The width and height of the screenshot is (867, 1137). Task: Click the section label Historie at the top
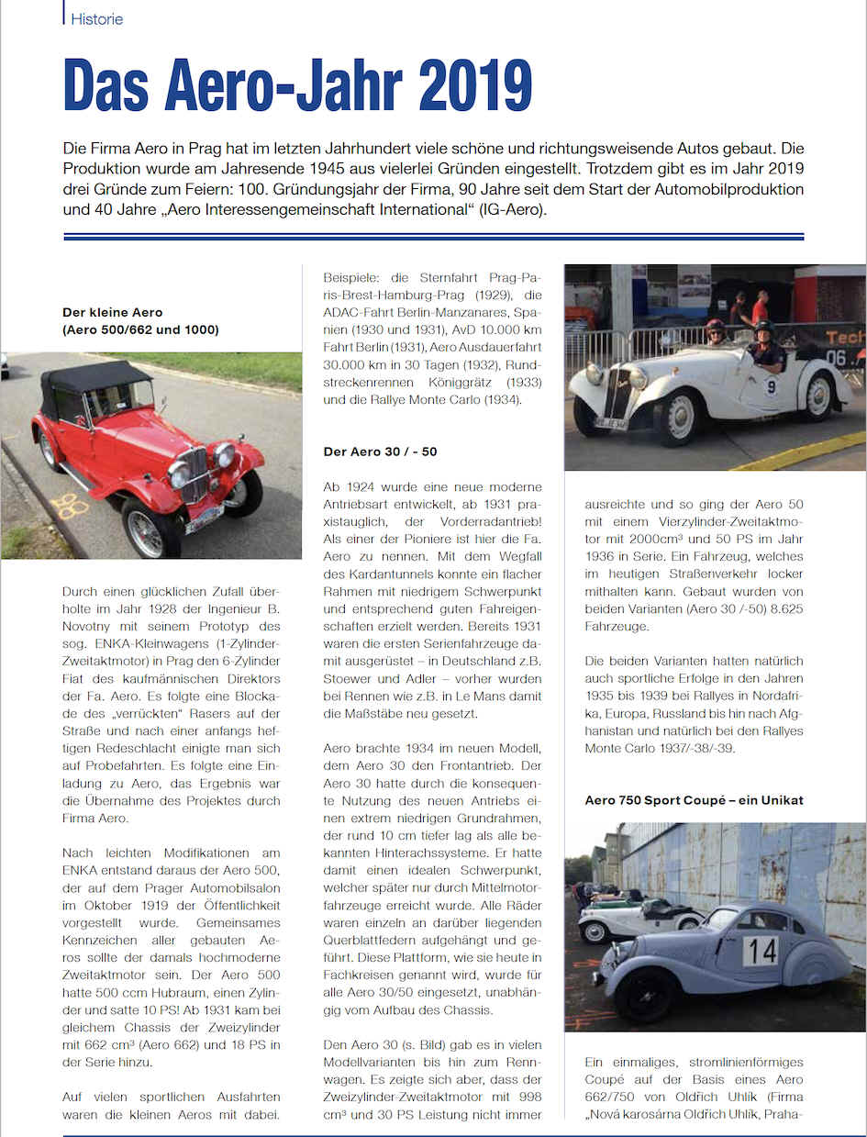click(x=96, y=18)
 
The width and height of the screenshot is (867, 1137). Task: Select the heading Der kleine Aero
click(x=112, y=312)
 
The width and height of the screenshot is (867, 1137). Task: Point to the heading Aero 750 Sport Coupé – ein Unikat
click(x=694, y=800)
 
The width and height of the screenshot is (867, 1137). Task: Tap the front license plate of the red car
click(x=204, y=518)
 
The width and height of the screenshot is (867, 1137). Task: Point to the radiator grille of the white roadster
click(x=613, y=390)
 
